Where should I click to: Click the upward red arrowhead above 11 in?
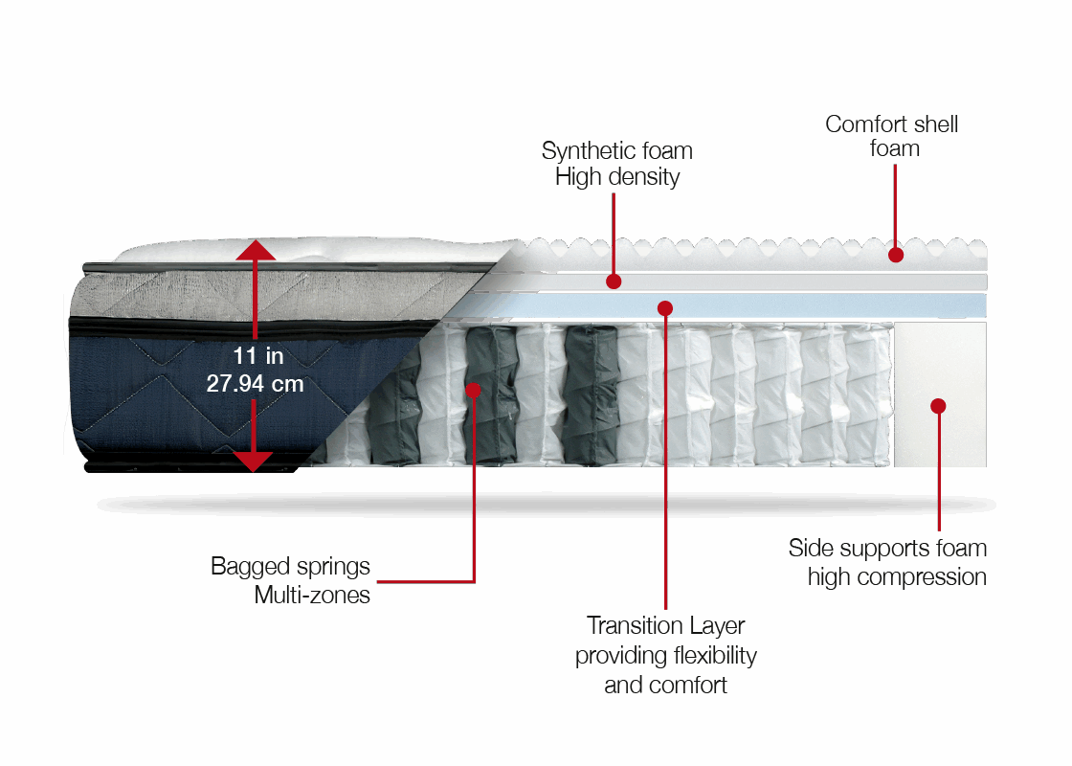(255, 251)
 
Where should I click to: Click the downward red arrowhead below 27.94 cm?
(255, 461)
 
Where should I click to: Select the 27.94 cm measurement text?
(255, 384)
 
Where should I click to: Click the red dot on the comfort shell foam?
(895, 255)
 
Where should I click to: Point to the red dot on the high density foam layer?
(614, 282)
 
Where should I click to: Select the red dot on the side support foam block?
(938, 406)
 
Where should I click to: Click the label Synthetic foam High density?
(616, 164)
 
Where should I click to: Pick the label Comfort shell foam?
(892, 137)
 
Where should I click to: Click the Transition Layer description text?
(665, 656)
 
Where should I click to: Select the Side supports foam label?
(887, 563)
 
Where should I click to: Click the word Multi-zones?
(312, 596)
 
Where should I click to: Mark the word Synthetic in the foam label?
(586, 151)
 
